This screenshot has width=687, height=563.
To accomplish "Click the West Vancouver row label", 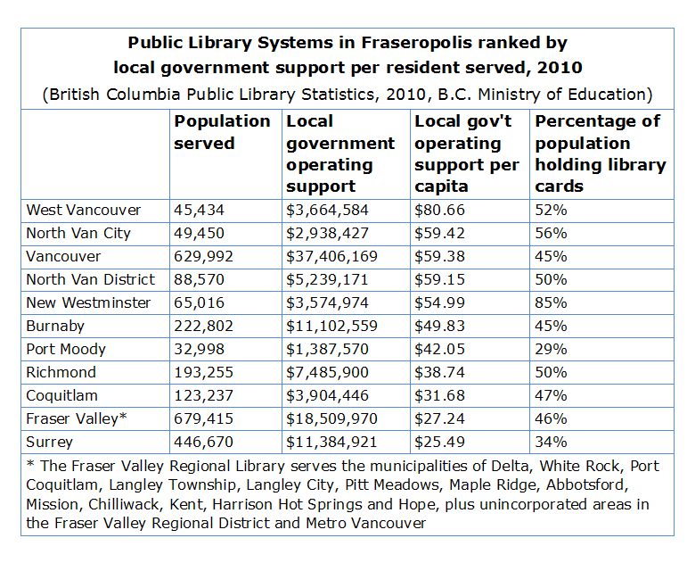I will coord(84,210).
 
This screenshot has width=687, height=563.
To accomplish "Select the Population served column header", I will coord(222,132).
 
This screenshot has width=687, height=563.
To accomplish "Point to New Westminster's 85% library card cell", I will coord(552,302).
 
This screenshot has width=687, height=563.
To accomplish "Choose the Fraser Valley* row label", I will coord(75,418).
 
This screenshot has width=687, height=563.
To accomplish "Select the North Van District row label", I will coord(91,279).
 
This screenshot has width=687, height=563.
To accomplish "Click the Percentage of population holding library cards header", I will coord(600,153).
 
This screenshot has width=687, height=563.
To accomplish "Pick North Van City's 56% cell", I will coord(552,233).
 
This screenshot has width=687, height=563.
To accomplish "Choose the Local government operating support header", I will coord(340,153).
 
